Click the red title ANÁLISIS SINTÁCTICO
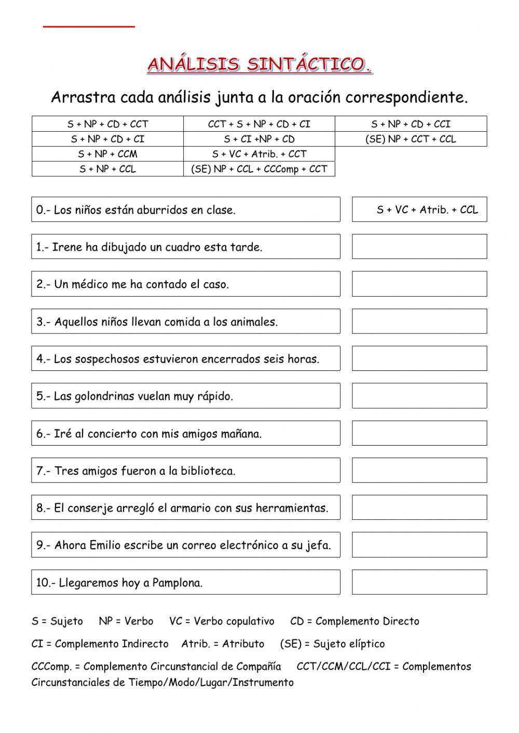pos(259,65)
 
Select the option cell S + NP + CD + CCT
pos(107,124)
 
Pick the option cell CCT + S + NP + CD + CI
pos(259,124)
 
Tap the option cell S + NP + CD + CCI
pos(411,124)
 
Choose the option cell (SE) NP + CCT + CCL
pos(411,139)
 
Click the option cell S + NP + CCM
pos(107,154)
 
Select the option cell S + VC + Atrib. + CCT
pos(259,154)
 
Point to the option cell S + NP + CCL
pos(107,169)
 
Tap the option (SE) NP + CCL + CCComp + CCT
pos(259,169)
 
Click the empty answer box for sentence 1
pos(419,246)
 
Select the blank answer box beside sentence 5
pos(419,396)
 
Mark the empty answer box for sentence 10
pos(419,582)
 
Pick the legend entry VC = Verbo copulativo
pos(222,621)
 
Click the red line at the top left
pos(89,25)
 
